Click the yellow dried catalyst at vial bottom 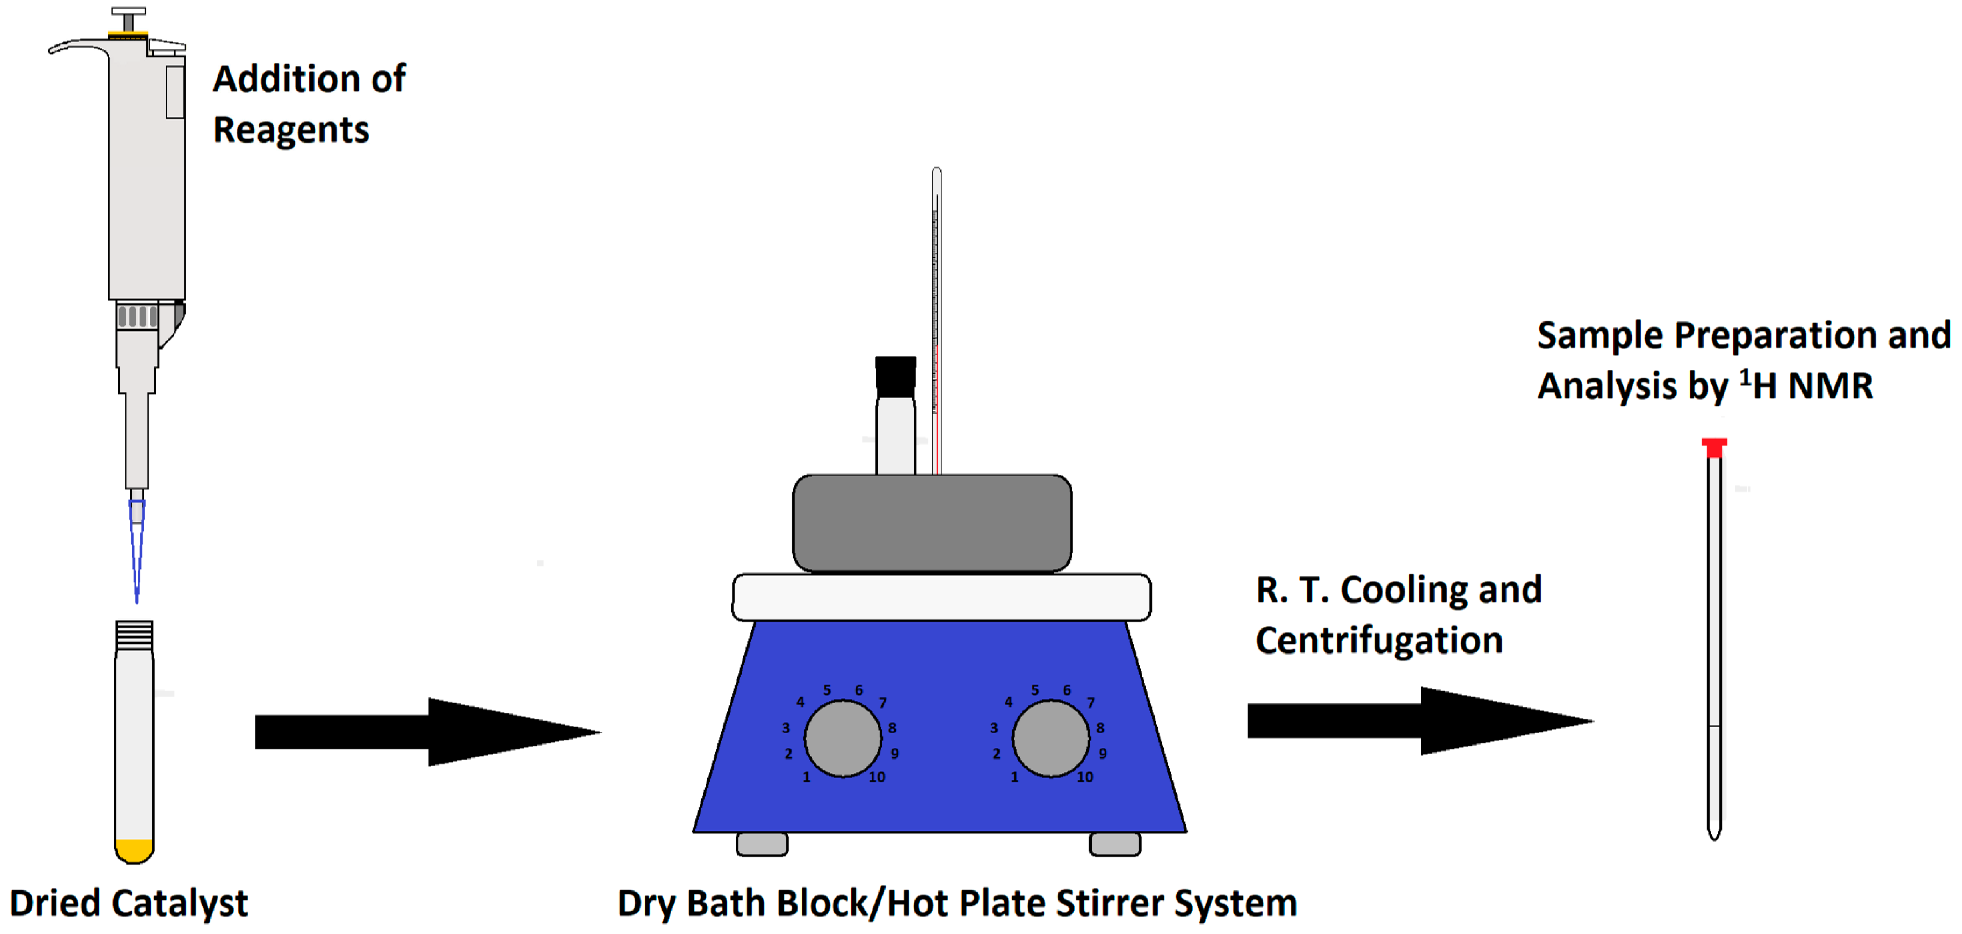[134, 849]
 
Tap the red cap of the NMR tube [1714, 447]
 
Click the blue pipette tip [137, 549]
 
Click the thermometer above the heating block [936, 305]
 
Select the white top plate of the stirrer [941, 597]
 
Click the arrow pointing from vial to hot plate [427, 731]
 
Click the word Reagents [291, 129]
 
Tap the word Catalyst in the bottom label [180, 903]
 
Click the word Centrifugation [1378, 640]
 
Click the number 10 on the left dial [877, 777]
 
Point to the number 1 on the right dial [1014, 777]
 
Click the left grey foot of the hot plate [762, 844]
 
